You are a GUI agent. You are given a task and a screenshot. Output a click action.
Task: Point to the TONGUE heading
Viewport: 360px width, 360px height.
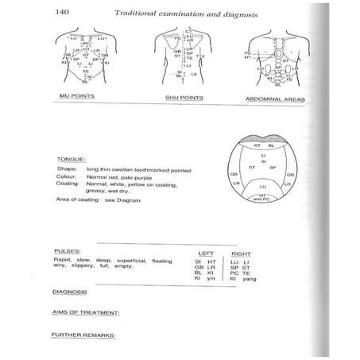click(x=68, y=157)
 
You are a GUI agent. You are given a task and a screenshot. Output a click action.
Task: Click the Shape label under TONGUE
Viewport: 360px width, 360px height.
click(x=65, y=169)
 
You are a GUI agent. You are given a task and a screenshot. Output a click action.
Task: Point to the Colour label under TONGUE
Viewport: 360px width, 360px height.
click(x=65, y=176)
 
